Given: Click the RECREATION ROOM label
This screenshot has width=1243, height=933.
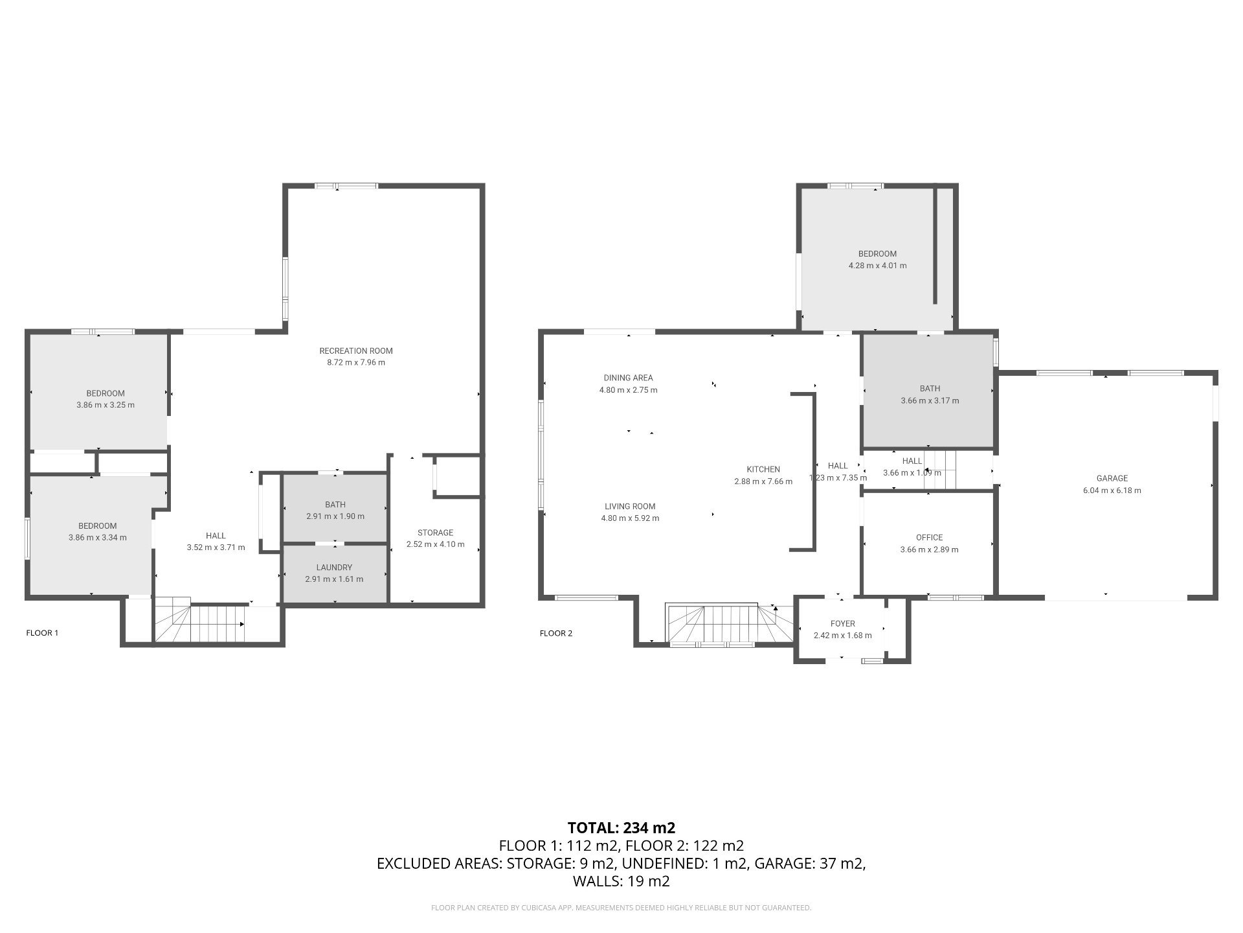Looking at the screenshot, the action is pos(356,351).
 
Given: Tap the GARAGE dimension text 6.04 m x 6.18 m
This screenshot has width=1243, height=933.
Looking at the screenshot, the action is pos(1112,490).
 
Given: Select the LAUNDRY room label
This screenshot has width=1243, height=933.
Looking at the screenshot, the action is pos(334,568).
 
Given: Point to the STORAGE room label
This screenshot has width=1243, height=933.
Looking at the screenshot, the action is pos(435,533).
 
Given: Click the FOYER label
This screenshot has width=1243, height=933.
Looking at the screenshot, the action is pos(843,624).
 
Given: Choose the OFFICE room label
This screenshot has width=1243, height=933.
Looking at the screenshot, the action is pos(929,538).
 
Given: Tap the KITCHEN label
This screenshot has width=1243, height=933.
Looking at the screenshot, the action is pos(763,470).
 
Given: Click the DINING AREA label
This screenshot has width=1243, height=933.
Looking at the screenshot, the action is pos(628,378).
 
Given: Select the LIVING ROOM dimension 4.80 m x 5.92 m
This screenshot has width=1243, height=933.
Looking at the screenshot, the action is pos(630,518).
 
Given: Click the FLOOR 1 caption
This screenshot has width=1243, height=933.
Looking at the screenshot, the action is pos(42,633).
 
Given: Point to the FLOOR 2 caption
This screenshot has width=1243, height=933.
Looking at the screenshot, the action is pos(556,634).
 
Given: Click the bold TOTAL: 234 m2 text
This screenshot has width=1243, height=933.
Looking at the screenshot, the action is pos(621,827).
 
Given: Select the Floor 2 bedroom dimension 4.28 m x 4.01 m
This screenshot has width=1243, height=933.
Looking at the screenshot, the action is pos(877,266).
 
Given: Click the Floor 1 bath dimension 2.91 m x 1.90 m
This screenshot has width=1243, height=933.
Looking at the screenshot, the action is pos(335,516).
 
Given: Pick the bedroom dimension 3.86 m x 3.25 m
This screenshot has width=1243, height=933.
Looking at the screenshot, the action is pos(106,405).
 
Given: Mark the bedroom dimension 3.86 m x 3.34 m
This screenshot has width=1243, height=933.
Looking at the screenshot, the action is pos(98,538).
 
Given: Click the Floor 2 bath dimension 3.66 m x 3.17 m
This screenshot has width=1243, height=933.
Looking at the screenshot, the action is pos(930,401).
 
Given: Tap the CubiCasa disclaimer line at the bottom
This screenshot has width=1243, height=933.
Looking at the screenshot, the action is pos(621,908).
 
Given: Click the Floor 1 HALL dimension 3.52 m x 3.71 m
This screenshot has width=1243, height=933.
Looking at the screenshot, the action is pos(216,547).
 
